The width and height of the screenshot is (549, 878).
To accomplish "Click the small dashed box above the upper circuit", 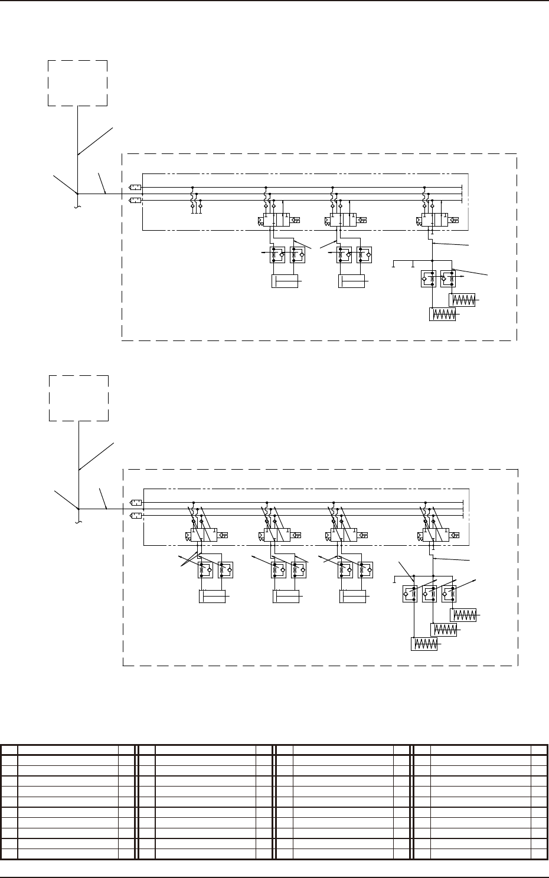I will pyautogui.click(x=78, y=83).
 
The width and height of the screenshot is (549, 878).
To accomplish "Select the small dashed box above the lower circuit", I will pyautogui.click(x=79, y=398).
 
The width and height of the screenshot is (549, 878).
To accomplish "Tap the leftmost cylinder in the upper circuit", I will pyautogui.click(x=285, y=282).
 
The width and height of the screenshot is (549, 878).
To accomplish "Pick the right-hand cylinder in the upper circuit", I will pyautogui.click(x=352, y=282).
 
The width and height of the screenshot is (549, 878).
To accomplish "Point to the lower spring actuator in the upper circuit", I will pyautogui.click(x=443, y=314).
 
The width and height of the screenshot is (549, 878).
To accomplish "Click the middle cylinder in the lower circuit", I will pyautogui.click(x=286, y=597).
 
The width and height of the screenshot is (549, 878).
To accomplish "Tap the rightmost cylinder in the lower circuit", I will pyautogui.click(x=353, y=597).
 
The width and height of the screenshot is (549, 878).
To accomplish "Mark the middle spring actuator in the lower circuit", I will pyautogui.click(x=445, y=630).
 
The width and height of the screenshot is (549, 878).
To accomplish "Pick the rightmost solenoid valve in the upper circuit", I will pyautogui.click(x=432, y=221).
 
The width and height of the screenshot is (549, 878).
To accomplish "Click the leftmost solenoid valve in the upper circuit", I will pyautogui.click(x=274, y=221).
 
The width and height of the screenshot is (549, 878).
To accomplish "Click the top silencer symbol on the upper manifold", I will pyautogui.click(x=135, y=188).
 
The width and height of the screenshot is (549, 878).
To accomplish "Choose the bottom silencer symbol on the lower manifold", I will pyautogui.click(x=136, y=516).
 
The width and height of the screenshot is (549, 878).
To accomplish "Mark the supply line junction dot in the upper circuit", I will pyautogui.click(x=78, y=194).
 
